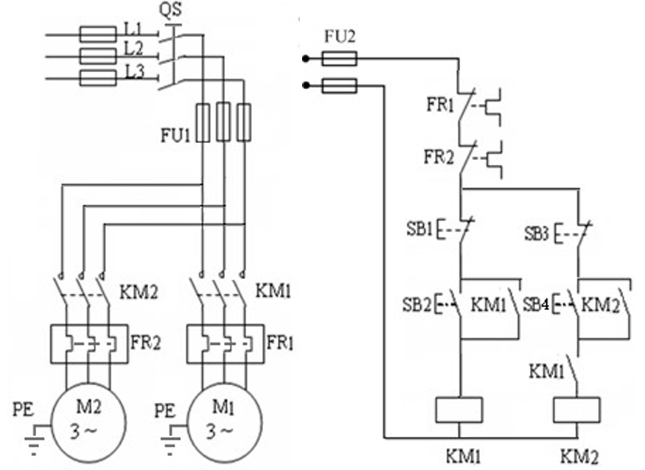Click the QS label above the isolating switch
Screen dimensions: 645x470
point(171,10)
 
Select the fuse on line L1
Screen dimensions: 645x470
point(97,35)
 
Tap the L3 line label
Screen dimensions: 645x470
point(134,72)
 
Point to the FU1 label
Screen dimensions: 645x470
point(175,135)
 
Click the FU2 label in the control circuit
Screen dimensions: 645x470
point(339,37)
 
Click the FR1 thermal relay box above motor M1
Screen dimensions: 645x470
point(226,344)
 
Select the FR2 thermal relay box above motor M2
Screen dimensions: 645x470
point(89,344)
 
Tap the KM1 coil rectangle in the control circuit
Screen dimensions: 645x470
point(459,410)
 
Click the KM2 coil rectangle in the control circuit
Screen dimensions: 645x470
point(576,410)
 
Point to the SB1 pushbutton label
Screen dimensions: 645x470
point(419,228)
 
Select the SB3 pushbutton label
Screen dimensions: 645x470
point(537,234)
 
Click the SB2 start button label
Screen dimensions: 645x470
point(416,304)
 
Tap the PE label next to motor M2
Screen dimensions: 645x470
point(24,410)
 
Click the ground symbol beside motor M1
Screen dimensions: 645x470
point(170,441)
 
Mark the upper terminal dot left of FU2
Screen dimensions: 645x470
point(306,59)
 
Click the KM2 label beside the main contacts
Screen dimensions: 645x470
point(139,292)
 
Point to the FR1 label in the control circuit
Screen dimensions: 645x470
point(440,105)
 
